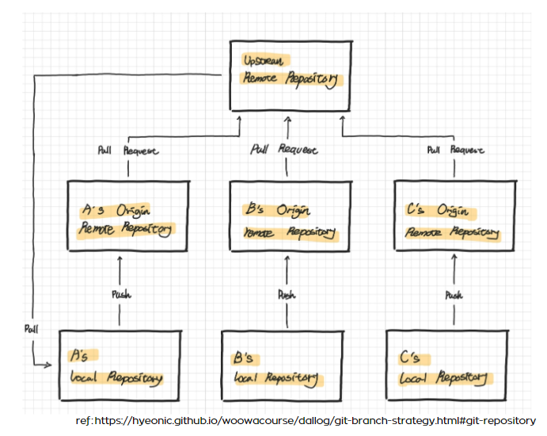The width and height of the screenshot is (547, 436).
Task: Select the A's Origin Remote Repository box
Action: pyautogui.click(x=127, y=216)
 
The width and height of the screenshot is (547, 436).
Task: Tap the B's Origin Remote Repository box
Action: pyautogui.click(x=288, y=216)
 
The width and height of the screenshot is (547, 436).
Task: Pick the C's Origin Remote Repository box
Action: pyautogui.click(x=454, y=216)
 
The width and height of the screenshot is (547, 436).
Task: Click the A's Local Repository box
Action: pyautogui.click(x=120, y=364)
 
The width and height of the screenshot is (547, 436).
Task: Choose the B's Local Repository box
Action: pyautogui.click(x=281, y=364)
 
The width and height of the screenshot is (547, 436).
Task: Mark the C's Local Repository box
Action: pyautogui.click(x=446, y=364)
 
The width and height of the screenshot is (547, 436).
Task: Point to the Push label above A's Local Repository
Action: pyautogui.click(x=120, y=294)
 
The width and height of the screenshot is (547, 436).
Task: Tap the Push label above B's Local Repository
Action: pyautogui.click(x=286, y=294)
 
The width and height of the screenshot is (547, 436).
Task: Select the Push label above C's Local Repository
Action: pyautogui.click(x=454, y=295)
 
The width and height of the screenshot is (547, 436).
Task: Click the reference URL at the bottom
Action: pyautogui.click(x=306, y=420)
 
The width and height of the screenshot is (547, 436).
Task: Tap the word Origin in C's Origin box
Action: pyautogui.click(x=452, y=212)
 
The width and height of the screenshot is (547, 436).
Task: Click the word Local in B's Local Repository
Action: pyautogui.click(x=247, y=378)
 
